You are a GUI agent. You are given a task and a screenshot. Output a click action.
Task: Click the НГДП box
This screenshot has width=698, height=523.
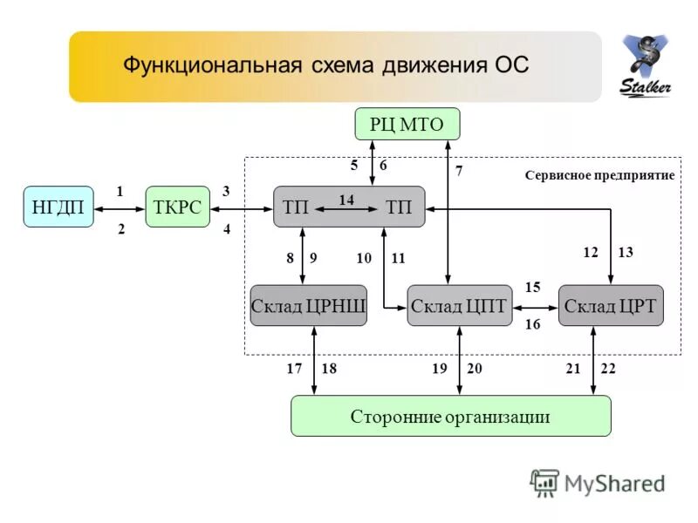(58, 207)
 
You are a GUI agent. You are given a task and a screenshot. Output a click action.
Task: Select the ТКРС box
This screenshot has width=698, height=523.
(178, 207)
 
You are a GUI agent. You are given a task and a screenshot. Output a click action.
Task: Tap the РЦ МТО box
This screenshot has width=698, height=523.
(407, 125)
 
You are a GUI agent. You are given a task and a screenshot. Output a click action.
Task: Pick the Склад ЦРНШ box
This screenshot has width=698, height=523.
(308, 306)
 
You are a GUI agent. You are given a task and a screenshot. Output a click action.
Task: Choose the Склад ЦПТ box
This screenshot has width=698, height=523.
(459, 306)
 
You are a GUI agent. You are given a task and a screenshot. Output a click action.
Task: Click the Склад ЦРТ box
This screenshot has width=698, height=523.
(611, 306)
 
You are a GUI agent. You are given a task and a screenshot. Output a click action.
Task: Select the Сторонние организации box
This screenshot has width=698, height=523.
(450, 416)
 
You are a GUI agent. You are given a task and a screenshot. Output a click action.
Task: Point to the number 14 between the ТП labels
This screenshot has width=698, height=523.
(346, 200)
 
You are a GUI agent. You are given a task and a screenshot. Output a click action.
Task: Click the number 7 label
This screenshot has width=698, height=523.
(459, 172)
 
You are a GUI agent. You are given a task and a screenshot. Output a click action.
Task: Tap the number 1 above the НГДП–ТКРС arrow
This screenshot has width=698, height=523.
(120, 190)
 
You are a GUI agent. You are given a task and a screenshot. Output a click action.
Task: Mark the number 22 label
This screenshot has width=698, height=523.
(608, 369)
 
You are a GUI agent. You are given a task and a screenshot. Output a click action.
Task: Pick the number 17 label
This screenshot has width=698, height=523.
(295, 369)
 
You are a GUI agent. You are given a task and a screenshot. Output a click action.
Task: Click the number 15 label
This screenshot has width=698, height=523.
(533, 287)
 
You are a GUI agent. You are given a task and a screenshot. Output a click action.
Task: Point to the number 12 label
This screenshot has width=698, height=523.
(591, 252)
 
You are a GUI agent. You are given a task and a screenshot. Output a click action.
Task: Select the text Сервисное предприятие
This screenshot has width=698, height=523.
(599, 175)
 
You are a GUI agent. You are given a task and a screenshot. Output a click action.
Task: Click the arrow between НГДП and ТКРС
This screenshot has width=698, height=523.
(120, 208)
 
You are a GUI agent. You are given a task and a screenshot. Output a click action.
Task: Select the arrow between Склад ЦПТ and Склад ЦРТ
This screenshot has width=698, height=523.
(535, 307)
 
